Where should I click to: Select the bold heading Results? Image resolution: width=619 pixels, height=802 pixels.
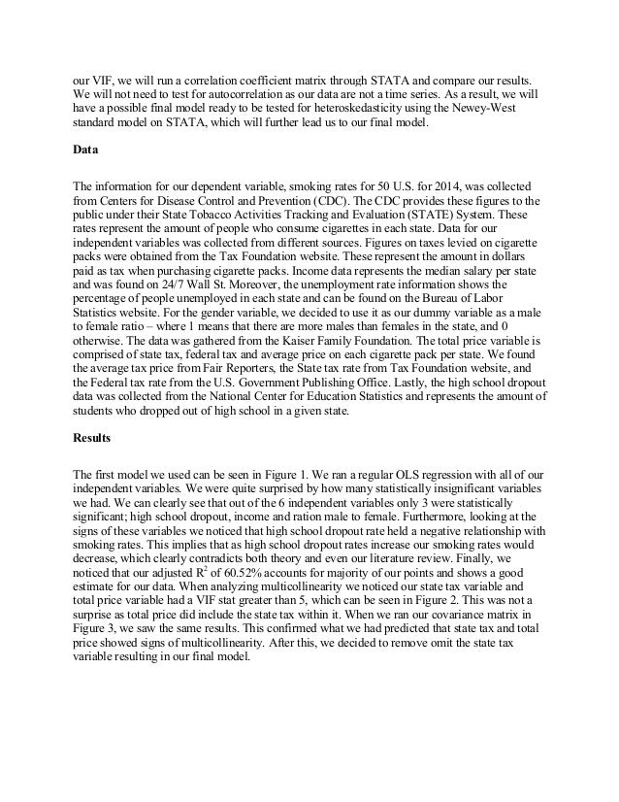coord(92,437)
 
